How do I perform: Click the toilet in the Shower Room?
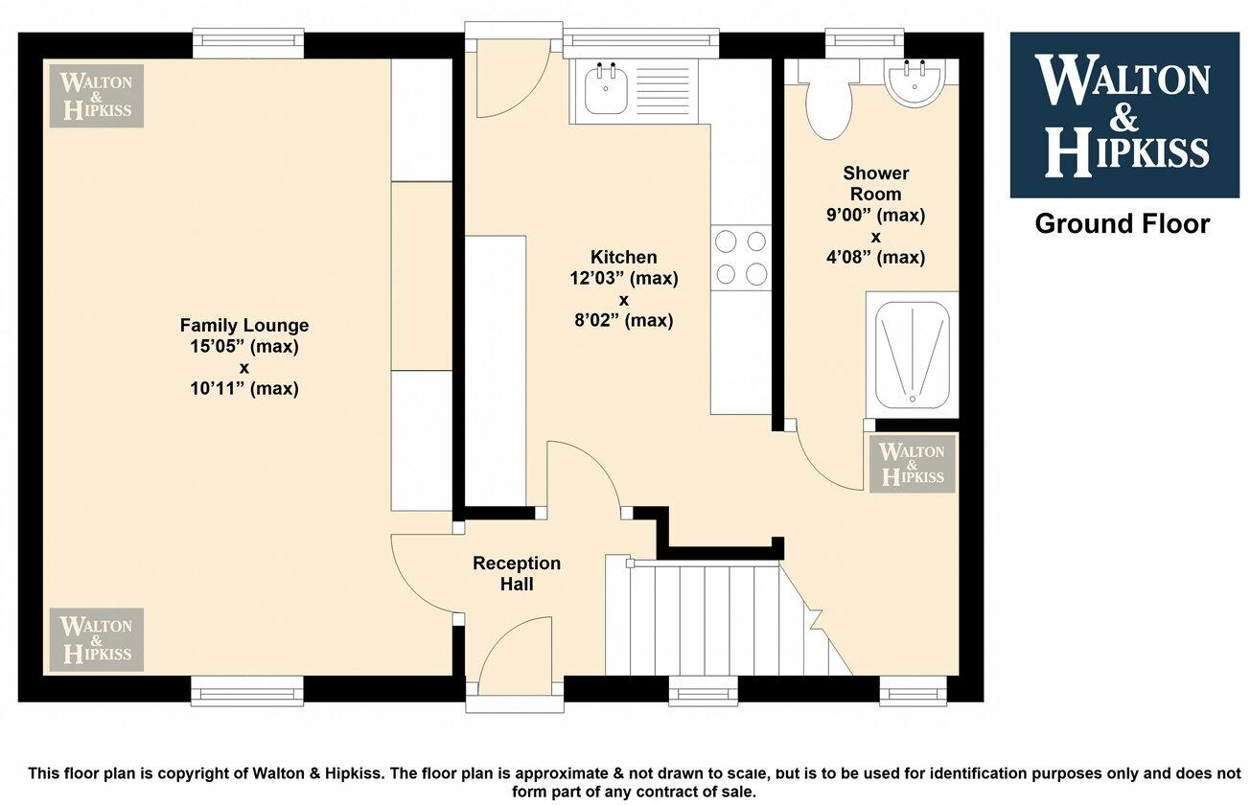pyautogui.click(x=828, y=103)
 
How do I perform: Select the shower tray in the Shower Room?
pyautogui.click(x=912, y=354)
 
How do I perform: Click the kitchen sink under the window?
pyautogui.click(x=605, y=91)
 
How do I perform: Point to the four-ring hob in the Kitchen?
pyautogui.click(x=741, y=257)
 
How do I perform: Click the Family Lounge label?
pyautogui.click(x=243, y=325)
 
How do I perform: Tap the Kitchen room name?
pyautogui.click(x=623, y=257)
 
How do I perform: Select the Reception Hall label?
pyautogui.click(x=516, y=573)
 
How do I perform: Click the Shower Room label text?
pyautogui.click(x=875, y=184)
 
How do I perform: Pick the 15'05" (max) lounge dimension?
pyautogui.click(x=243, y=346)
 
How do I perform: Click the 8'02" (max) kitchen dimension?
pyautogui.click(x=623, y=321)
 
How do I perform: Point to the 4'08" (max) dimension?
pyautogui.click(x=875, y=257)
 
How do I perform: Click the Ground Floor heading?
pyautogui.click(x=1122, y=224)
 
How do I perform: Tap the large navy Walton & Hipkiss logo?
pyautogui.click(x=1124, y=115)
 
